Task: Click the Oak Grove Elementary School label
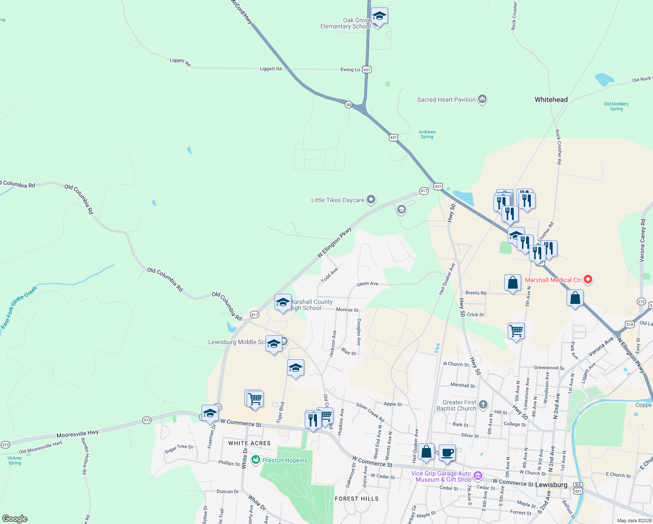point(345,24)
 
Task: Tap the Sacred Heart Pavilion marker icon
point(482,100)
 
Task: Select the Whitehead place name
point(551,100)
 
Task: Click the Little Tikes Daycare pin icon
point(371,200)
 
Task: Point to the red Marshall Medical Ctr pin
point(588,279)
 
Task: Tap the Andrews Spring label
point(427,134)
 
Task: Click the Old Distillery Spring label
point(616,107)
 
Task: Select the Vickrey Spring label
point(14,460)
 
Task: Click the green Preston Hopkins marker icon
point(256,460)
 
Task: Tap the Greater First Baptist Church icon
point(483,404)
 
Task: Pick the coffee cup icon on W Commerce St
point(447,452)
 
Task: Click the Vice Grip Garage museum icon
point(478,476)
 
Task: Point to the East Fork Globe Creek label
point(19,307)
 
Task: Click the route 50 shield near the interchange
point(348,105)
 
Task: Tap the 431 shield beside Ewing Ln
point(367,69)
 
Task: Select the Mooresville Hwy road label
point(77,434)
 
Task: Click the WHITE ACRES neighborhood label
point(249,443)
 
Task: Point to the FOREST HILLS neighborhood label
point(357,499)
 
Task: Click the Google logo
point(14,519)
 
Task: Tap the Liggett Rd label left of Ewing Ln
point(271,69)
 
